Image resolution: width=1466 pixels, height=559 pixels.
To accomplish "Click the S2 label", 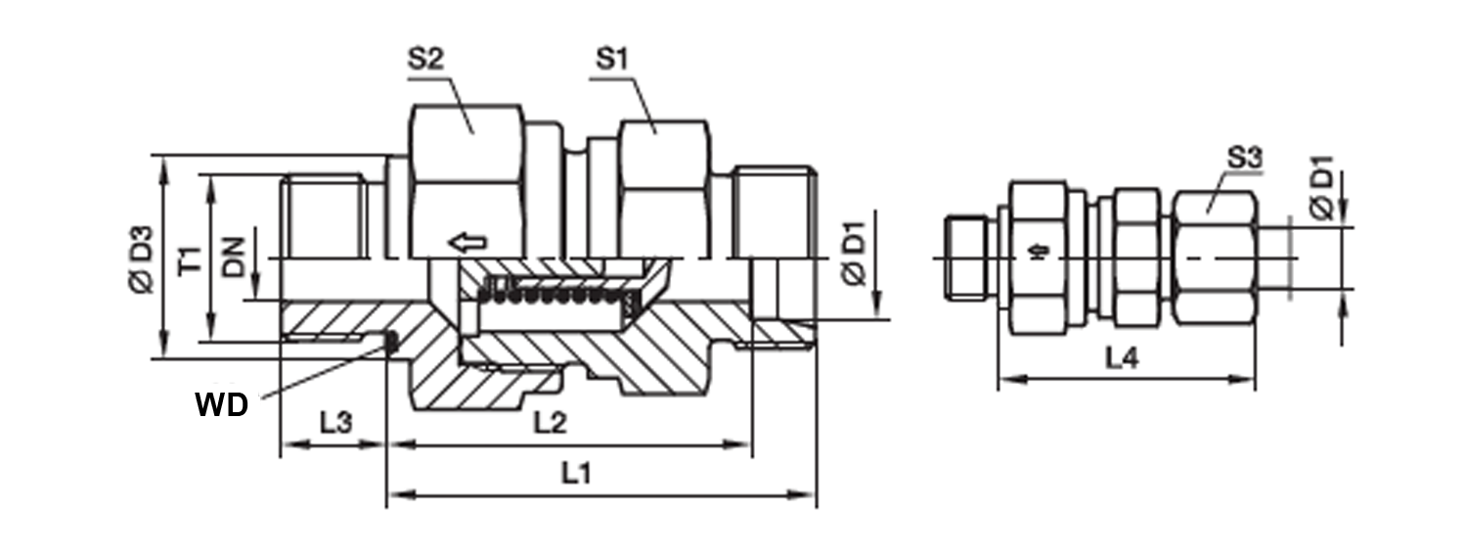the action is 426,60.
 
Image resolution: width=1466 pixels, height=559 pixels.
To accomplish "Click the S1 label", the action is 612,60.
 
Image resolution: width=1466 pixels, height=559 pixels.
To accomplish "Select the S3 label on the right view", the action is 1244,158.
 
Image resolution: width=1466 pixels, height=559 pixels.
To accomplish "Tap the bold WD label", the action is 222,405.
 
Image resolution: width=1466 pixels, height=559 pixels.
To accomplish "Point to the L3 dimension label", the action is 335,423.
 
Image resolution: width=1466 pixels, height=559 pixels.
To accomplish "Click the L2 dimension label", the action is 550,423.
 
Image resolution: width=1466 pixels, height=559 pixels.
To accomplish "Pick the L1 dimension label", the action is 576,473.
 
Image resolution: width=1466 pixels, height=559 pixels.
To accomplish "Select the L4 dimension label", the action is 1122,357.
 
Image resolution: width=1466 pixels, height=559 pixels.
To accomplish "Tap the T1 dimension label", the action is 191,259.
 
